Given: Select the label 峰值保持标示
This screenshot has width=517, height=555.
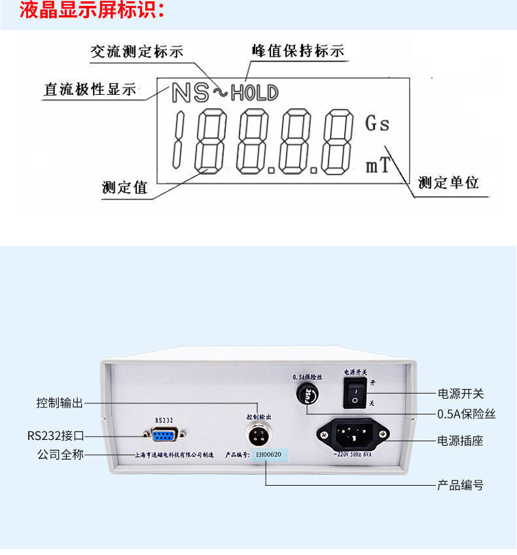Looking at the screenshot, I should point(298,52).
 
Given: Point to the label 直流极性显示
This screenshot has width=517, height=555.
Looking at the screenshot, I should point(90,90).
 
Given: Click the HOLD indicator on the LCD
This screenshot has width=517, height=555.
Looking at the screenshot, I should point(254,92).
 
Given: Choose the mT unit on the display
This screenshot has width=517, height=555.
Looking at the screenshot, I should point(377,166).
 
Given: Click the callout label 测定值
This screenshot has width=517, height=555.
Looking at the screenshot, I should point(124,188).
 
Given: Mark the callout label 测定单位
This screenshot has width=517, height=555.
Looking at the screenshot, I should point(449,182).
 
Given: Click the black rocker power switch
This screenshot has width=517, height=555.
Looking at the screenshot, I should point(354,392).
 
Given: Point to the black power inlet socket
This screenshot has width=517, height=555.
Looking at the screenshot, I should point(353,433).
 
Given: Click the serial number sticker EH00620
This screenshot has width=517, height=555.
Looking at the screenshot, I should point(269,454).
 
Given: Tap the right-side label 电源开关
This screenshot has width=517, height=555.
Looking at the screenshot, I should point(461,394).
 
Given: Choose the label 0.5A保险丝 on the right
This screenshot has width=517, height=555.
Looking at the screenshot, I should point(466,414).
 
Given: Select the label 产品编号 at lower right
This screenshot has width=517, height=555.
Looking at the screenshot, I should point(461,486).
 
